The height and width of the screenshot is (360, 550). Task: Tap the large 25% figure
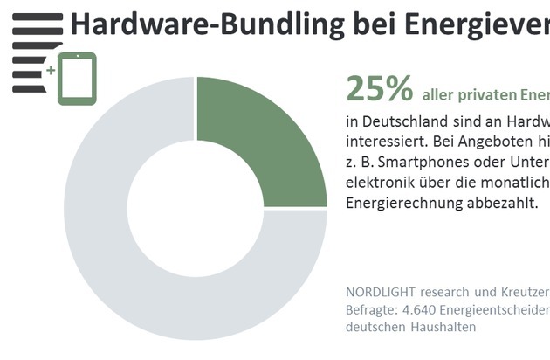click(379, 88)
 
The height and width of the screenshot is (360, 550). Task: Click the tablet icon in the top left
click(77, 80)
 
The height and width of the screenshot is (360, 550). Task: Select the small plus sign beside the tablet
click(51, 68)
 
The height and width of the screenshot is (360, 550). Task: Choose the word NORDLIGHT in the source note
click(382, 291)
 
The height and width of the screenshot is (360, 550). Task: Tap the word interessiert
click(385, 142)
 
